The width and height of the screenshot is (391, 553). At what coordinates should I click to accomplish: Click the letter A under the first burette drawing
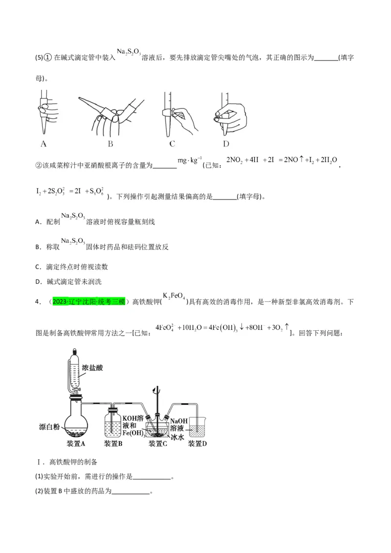[x=43, y=144]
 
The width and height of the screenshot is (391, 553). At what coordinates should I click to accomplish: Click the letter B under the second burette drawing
[x=110, y=144]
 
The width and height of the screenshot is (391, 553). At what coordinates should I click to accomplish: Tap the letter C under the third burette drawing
[x=172, y=144]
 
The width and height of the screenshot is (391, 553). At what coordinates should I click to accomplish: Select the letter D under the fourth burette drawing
[x=226, y=144]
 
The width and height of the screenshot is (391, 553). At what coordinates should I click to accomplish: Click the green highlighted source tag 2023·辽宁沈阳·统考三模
[x=89, y=301]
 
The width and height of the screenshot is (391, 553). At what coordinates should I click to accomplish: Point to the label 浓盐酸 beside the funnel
[x=92, y=367]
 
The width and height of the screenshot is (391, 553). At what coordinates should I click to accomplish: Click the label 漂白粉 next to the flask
[x=49, y=427]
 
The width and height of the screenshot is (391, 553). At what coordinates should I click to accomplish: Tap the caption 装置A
[x=76, y=444]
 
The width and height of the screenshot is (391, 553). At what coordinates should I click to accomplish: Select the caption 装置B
[x=113, y=444]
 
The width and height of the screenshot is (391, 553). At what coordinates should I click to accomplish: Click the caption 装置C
[x=158, y=444]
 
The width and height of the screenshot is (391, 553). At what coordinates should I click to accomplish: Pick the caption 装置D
[x=197, y=444]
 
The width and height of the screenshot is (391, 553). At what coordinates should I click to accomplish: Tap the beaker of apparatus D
[x=197, y=427]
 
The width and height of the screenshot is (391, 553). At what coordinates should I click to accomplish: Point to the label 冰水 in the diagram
[x=177, y=437]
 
